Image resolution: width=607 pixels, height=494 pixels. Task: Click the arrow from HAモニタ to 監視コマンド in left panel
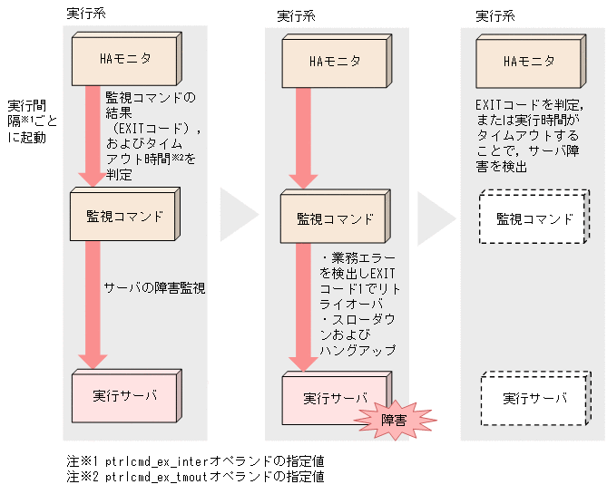pyautogui.click(x=93, y=136)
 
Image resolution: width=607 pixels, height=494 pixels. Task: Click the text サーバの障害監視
pyautogui.click(x=155, y=288)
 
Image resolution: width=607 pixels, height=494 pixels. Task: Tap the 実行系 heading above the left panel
pyautogui.click(x=86, y=14)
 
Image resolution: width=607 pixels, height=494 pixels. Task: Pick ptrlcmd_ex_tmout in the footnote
pyautogui.click(x=155, y=476)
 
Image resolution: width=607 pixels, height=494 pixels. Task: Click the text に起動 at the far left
pyautogui.click(x=27, y=139)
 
